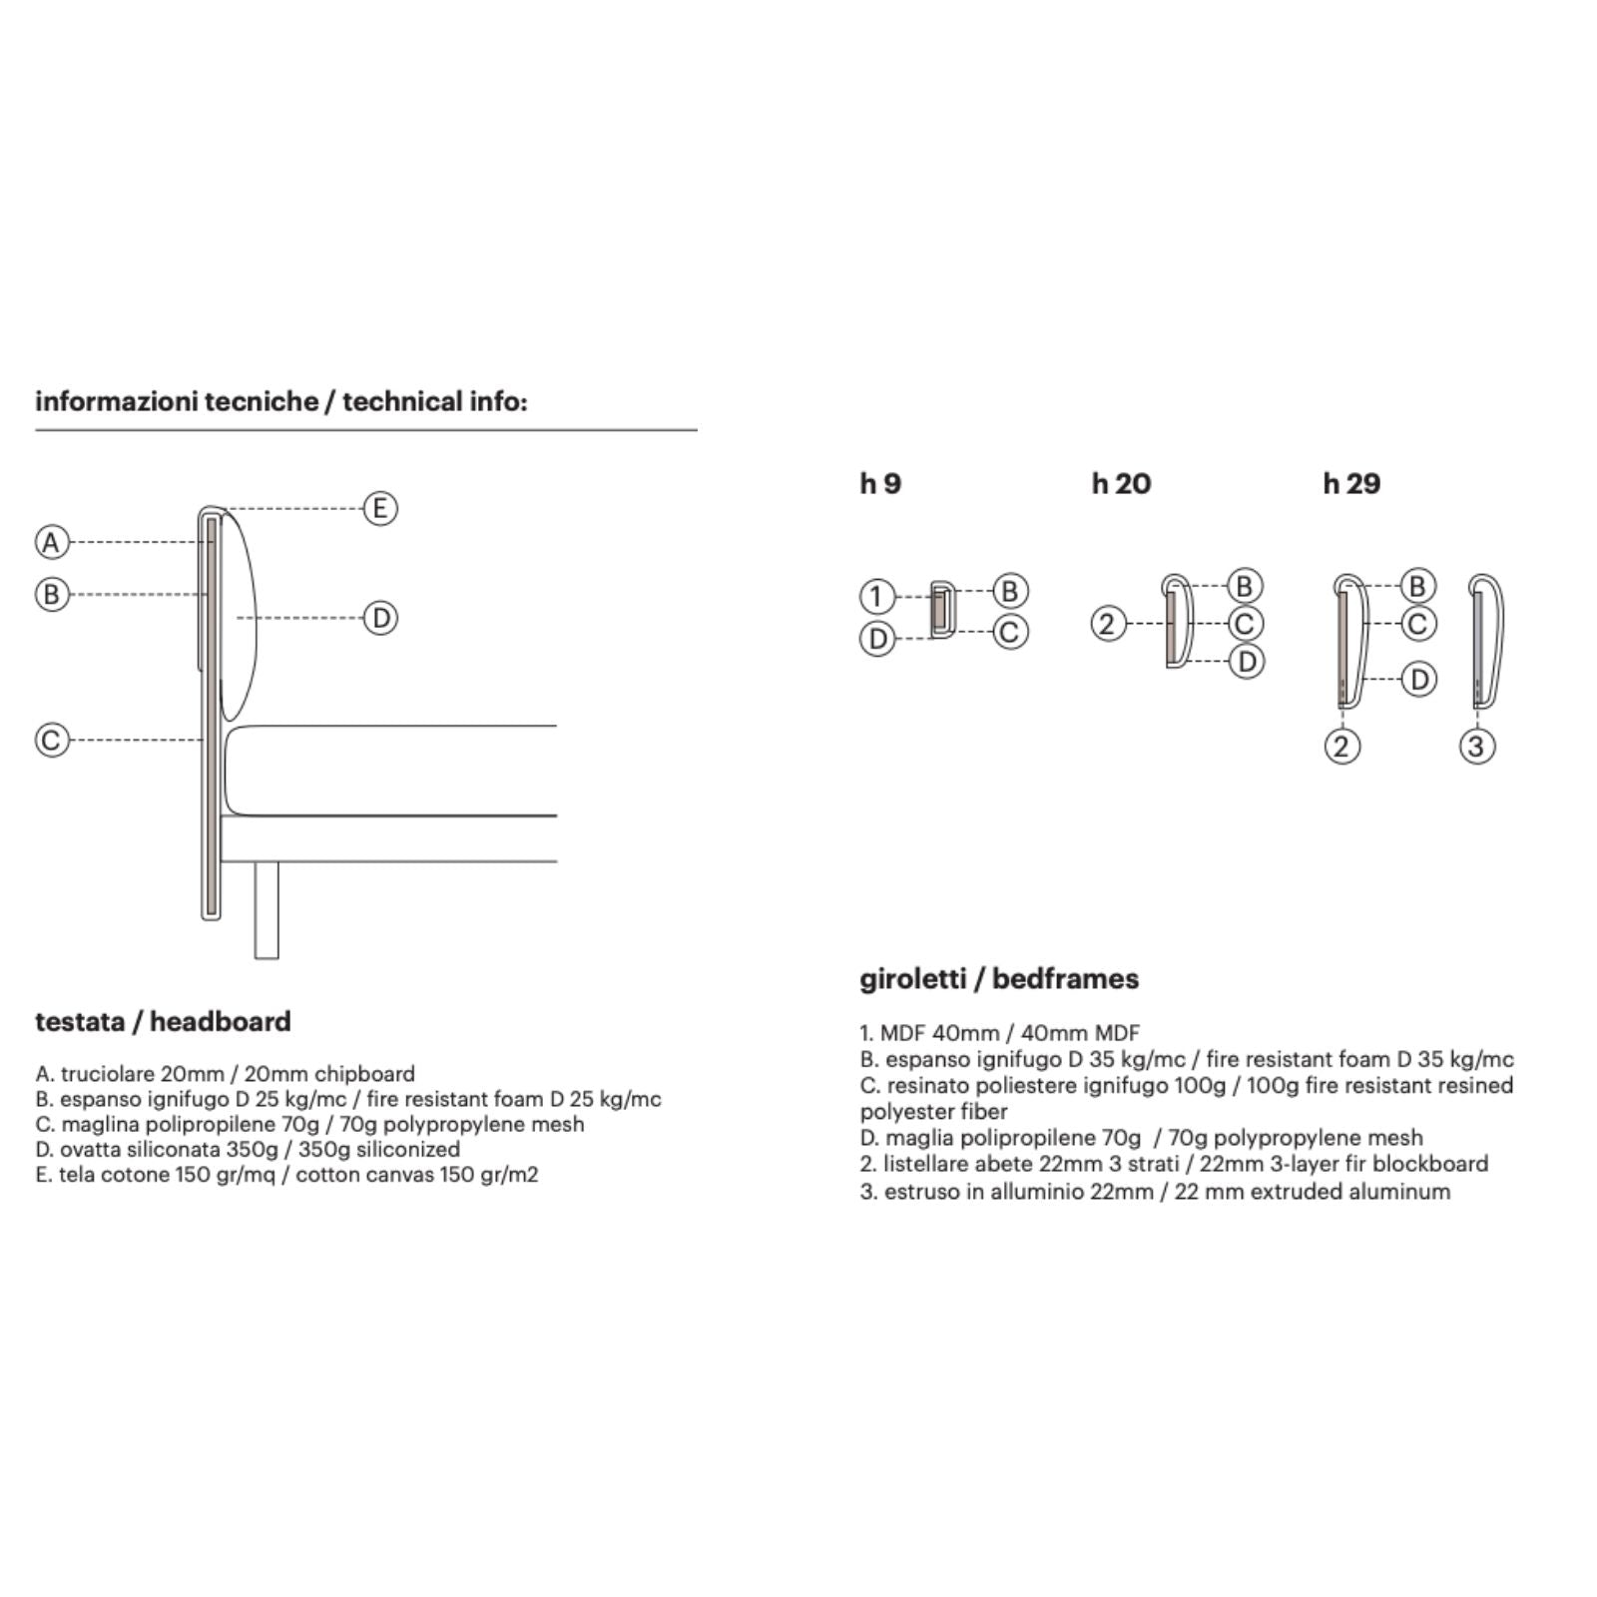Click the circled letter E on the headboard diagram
click(x=379, y=508)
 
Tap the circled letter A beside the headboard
click(x=52, y=542)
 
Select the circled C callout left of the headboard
click(x=52, y=740)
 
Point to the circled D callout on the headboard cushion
click(x=380, y=618)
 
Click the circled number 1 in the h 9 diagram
click(x=876, y=597)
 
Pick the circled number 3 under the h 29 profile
click(x=1477, y=746)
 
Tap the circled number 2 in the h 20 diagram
click(x=1107, y=624)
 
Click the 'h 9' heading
click(x=880, y=484)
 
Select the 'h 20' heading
click(x=1121, y=484)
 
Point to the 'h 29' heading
click(x=1351, y=484)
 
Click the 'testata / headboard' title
click(x=163, y=1021)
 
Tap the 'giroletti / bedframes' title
click(x=999, y=978)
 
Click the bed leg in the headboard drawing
click(x=266, y=909)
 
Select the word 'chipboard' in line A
click(x=364, y=1074)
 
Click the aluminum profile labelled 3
click(x=1485, y=639)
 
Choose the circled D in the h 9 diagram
click(x=877, y=638)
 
